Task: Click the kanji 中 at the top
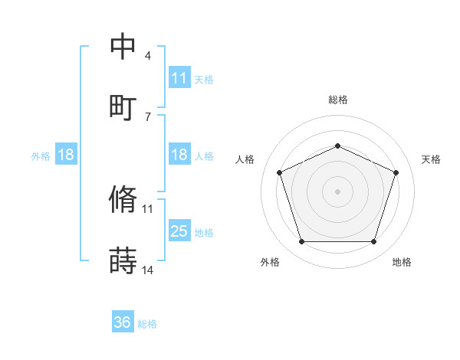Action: pyautogui.click(x=123, y=47)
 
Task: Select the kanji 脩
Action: pyautogui.click(x=123, y=200)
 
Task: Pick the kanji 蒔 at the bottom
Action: pyautogui.click(x=123, y=261)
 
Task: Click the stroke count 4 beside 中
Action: pyautogui.click(x=148, y=56)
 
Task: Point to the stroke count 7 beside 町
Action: pyautogui.click(x=148, y=116)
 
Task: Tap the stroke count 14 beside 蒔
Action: pyautogui.click(x=148, y=270)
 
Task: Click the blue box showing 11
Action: pyautogui.click(x=179, y=78)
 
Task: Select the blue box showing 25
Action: pyautogui.click(x=179, y=231)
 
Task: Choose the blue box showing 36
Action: pyautogui.click(x=123, y=323)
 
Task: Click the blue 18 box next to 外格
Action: pyautogui.click(x=66, y=155)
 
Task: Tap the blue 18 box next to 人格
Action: pyautogui.click(x=179, y=155)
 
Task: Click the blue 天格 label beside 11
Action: pyautogui.click(x=204, y=79)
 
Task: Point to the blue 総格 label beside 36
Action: pyautogui.click(x=147, y=324)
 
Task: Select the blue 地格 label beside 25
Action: pyautogui.click(x=204, y=232)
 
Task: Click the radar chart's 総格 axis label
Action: pyautogui.click(x=338, y=100)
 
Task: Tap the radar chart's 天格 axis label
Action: pyautogui.click(x=431, y=159)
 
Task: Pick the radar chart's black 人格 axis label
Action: pyautogui.click(x=245, y=159)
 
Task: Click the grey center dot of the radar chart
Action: pyautogui.click(x=338, y=191)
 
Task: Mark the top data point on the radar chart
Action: pyautogui.click(x=338, y=146)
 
